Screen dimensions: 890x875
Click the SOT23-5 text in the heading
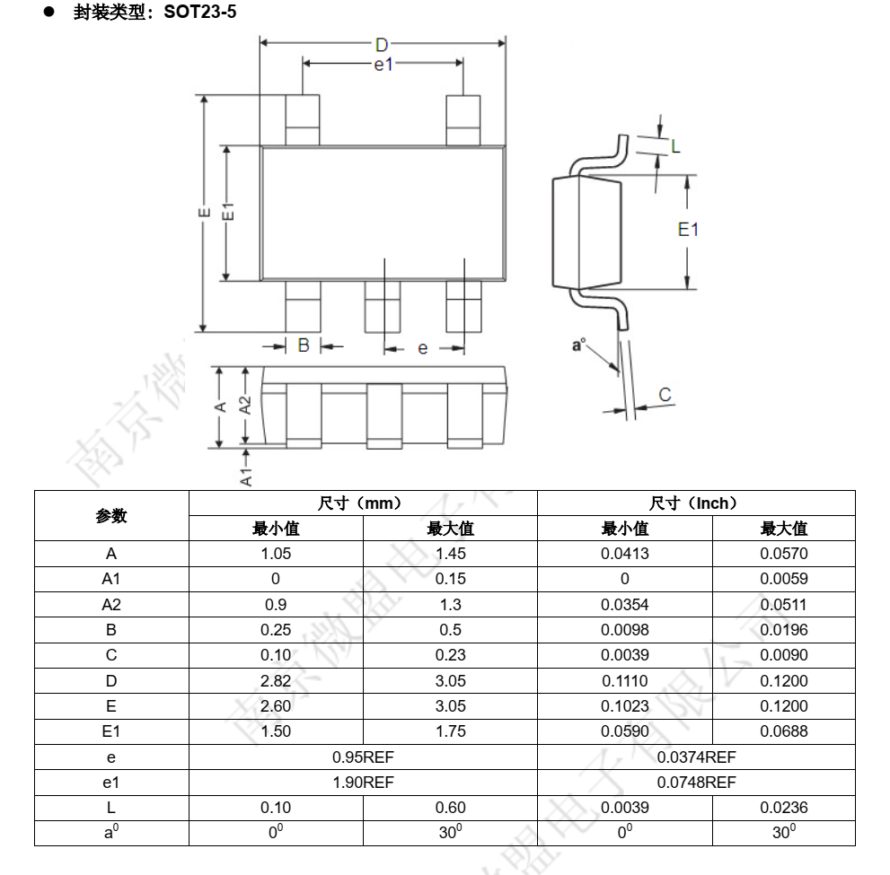[x=199, y=12]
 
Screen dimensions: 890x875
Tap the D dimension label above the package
[x=382, y=45]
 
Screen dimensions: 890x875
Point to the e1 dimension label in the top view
[x=383, y=65]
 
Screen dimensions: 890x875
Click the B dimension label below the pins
[x=304, y=345]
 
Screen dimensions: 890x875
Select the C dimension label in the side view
[x=665, y=394]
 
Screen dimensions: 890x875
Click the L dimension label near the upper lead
[x=674, y=147]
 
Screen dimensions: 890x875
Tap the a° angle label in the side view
[x=578, y=345]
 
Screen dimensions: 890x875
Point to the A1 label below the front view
[x=246, y=477]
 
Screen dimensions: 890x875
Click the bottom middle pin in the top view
[x=383, y=307]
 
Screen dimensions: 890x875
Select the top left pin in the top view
[x=303, y=120]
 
